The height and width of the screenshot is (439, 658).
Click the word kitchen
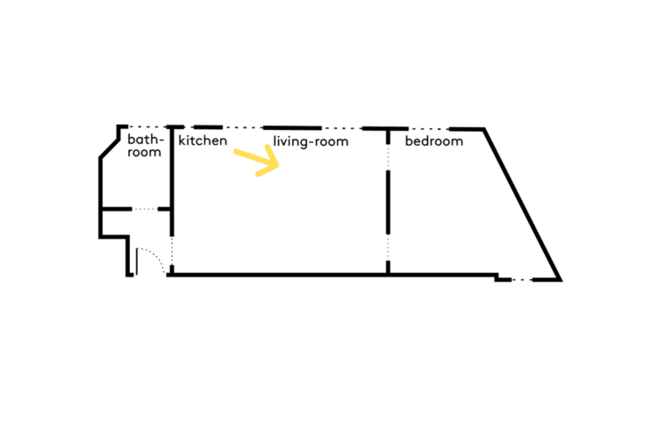203,140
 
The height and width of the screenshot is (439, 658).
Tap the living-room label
311,140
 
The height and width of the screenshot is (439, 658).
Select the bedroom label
433,140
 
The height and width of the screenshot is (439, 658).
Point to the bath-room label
145,146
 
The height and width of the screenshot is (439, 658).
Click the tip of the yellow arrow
277,162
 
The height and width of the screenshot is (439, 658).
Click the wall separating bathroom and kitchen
172,176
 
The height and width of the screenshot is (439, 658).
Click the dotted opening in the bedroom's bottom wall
524,280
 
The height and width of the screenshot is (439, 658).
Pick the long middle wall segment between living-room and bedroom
389,202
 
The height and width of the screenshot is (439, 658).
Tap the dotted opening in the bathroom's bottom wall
151,209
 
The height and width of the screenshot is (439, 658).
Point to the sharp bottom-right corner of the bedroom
559,279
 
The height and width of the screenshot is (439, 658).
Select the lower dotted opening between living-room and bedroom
389,249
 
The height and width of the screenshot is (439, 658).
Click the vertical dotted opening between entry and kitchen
173,255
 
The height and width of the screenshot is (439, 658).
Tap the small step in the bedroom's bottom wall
497,277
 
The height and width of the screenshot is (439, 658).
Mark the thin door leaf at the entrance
137,262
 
